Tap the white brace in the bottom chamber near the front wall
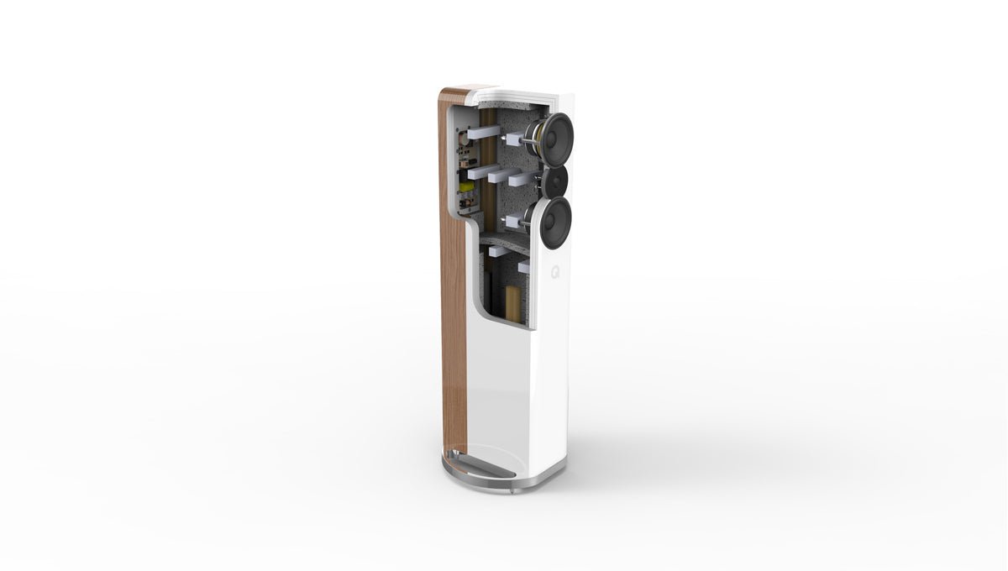pos(524,267)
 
